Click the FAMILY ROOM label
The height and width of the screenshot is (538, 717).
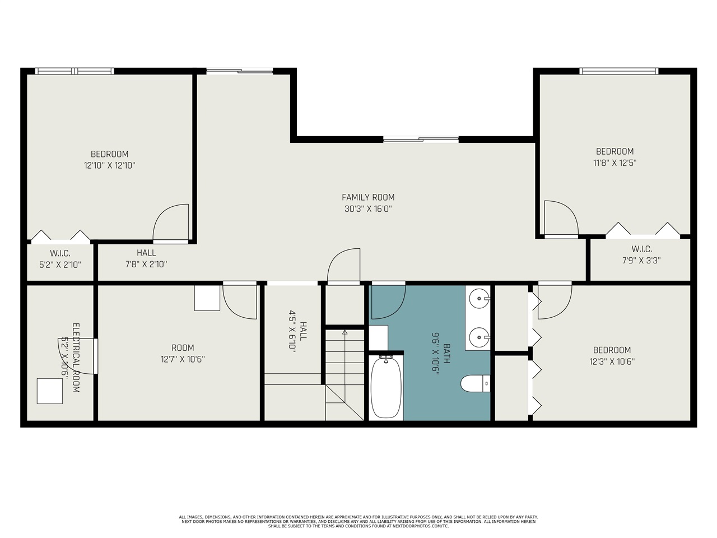coord(368,197)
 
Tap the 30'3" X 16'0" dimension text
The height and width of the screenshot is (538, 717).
coord(368,209)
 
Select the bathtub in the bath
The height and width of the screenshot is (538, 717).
coord(386,387)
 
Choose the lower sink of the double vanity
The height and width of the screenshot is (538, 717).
coord(479,337)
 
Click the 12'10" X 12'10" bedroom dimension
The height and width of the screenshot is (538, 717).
coord(110,166)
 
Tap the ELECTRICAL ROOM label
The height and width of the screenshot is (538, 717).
coord(76,358)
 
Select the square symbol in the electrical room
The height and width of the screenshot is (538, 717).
coord(50,391)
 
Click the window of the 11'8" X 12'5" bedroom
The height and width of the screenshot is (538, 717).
coord(618,71)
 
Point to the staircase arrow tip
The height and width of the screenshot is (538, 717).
coord(344,332)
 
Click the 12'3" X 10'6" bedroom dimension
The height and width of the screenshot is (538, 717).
coord(612,362)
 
